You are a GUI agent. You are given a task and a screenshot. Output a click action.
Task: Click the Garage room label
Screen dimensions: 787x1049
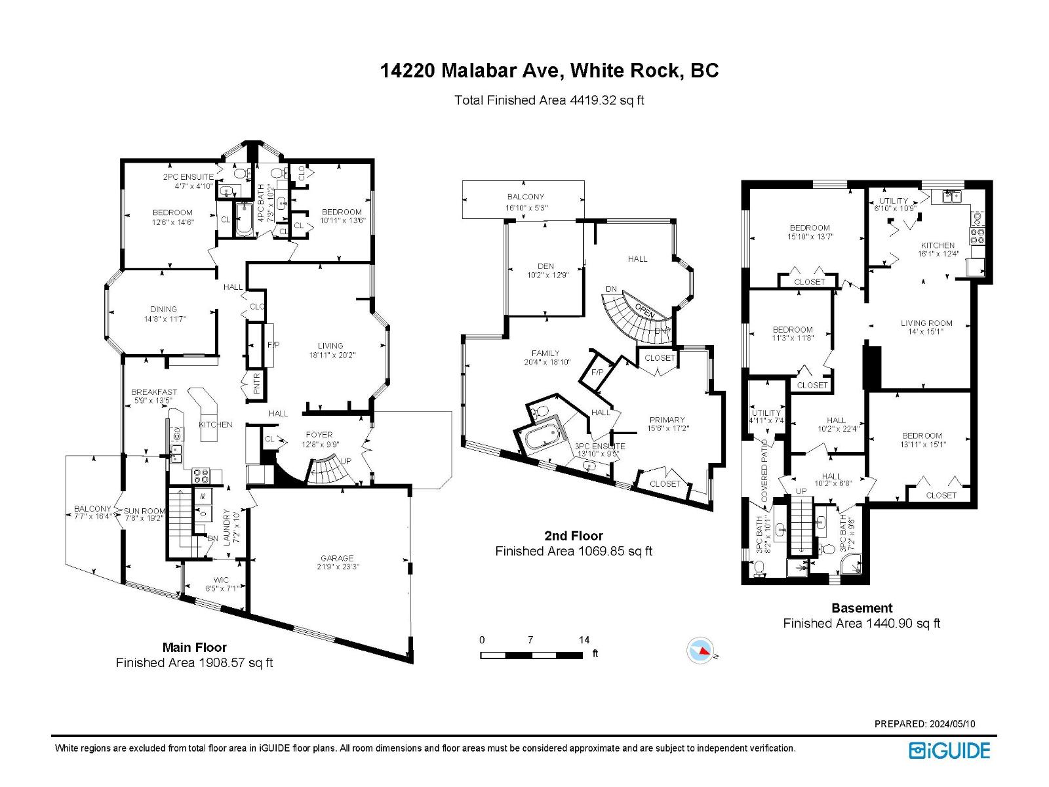pos(337,558)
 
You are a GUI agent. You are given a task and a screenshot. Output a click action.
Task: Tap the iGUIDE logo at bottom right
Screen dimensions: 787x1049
pos(949,750)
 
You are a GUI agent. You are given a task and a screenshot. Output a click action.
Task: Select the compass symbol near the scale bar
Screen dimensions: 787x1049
pos(700,651)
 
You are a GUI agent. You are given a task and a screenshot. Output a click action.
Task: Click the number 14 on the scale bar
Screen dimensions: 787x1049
pos(584,639)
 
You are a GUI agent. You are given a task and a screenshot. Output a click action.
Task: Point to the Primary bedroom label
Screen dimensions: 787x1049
pos(667,420)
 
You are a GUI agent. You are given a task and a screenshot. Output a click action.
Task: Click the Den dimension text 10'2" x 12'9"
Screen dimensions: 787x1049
pos(547,275)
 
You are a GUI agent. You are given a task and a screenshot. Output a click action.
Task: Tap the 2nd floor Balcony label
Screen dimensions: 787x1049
pos(525,197)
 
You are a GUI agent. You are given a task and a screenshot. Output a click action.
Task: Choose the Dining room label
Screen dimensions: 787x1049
pos(163,309)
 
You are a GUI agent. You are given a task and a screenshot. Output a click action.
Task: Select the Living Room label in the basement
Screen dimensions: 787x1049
pos(926,323)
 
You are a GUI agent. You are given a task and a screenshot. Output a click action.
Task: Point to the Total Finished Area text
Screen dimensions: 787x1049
pos(549,100)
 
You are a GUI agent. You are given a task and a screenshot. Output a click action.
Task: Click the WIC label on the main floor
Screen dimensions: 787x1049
pos(220,580)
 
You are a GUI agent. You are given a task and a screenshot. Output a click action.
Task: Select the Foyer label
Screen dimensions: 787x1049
pos(319,434)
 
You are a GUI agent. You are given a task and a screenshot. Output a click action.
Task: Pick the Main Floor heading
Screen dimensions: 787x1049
pos(194,647)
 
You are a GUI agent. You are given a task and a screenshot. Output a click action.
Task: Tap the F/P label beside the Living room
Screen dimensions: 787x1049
pos(273,344)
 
